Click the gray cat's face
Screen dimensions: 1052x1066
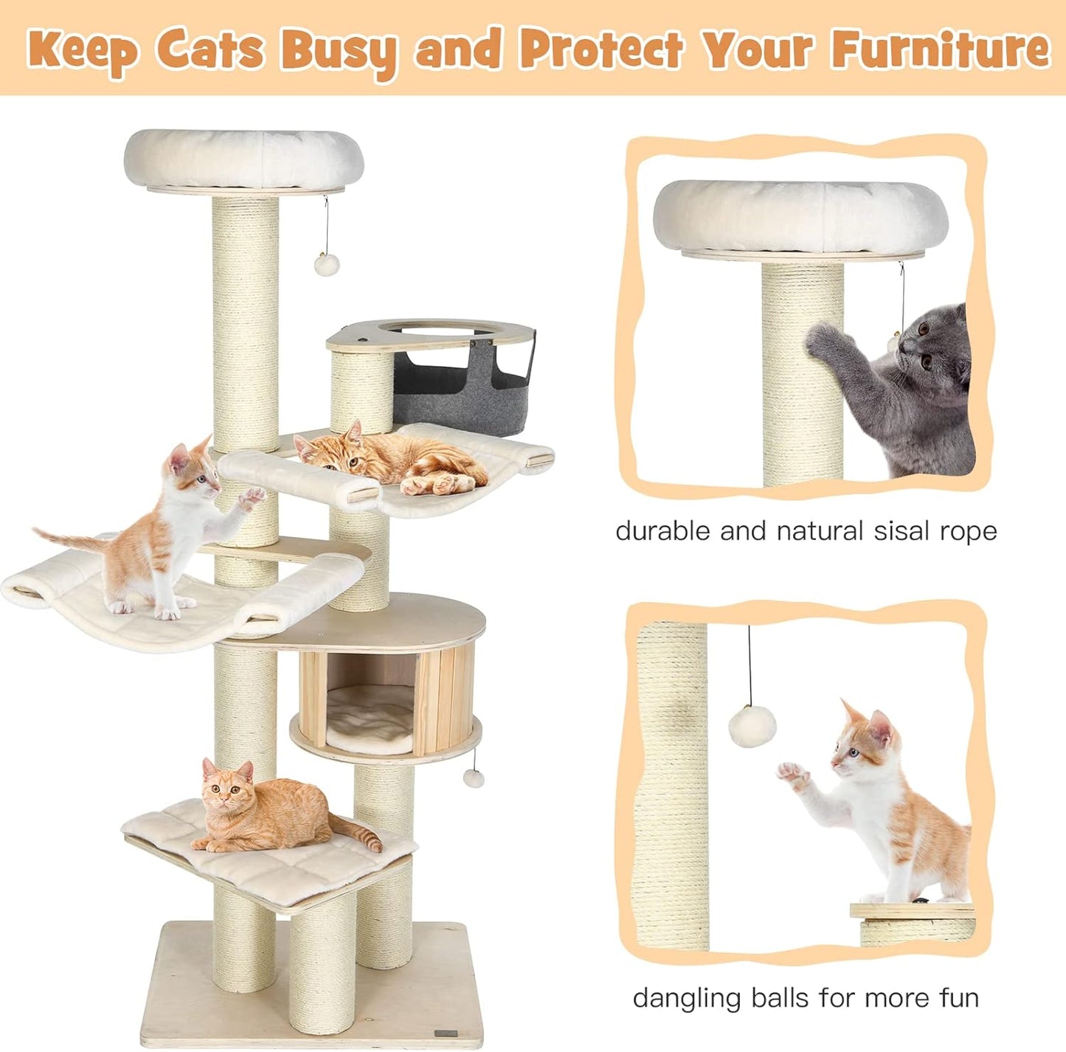pos(932,353)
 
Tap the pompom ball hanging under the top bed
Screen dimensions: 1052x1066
pos(326,264)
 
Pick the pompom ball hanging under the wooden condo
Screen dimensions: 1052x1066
pos(473,778)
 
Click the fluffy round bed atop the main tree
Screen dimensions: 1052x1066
pos(243,159)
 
